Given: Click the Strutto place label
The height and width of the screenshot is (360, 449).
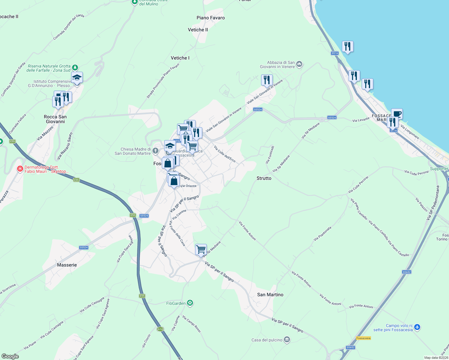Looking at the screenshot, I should pyautogui.click(x=264, y=178).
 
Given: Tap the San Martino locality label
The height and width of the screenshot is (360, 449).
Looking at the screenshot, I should pyautogui.click(x=270, y=295).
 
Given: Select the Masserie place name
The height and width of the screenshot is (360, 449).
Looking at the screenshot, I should pyautogui.click(x=67, y=265).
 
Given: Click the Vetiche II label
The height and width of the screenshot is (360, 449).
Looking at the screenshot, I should pyautogui.click(x=198, y=30).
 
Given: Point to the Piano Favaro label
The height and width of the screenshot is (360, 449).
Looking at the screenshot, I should pyautogui.click(x=211, y=18).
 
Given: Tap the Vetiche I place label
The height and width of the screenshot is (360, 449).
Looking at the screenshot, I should pyautogui.click(x=180, y=58).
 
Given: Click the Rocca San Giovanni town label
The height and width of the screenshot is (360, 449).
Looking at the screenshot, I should pyautogui.click(x=55, y=119).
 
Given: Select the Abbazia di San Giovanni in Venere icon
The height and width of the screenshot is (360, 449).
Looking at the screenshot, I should pyautogui.click(x=299, y=64).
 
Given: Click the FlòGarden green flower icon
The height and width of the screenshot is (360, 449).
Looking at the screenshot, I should pyautogui.click(x=190, y=303).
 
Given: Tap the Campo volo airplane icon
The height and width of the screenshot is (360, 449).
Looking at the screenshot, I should pyautogui.click(x=417, y=327).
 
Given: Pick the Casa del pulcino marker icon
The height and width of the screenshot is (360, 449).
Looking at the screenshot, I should pyautogui.click(x=287, y=340).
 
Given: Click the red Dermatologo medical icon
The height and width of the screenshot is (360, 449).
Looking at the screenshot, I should pyautogui.click(x=20, y=169).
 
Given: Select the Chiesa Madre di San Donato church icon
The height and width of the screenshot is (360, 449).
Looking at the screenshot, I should pyautogui.click(x=155, y=151).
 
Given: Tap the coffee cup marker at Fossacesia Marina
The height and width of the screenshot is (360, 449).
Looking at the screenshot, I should pyautogui.click(x=397, y=114).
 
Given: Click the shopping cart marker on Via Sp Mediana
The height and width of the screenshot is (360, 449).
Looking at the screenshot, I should pyautogui.click(x=201, y=249).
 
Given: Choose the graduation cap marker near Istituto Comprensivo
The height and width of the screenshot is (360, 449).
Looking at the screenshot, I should pyautogui.click(x=77, y=77).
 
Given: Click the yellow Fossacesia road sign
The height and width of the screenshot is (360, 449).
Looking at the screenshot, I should pyautogui.click(x=363, y=338).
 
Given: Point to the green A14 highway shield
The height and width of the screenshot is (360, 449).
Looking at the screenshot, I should pyautogui.click(x=160, y=329).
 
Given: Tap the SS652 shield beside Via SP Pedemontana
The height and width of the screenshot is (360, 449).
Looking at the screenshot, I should pyautogui.click(x=406, y=272).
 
